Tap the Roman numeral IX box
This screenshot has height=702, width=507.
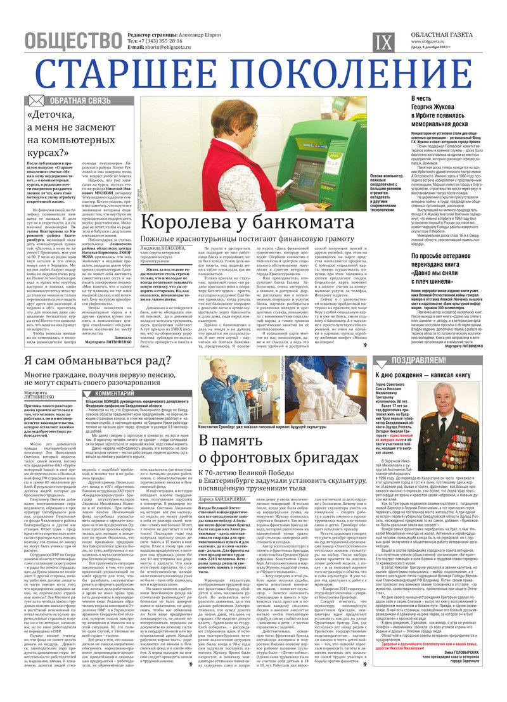pos(385,42)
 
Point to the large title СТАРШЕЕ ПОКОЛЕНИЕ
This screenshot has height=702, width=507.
pos(253,72)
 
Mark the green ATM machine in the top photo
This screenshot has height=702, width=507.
pos(311,158)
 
